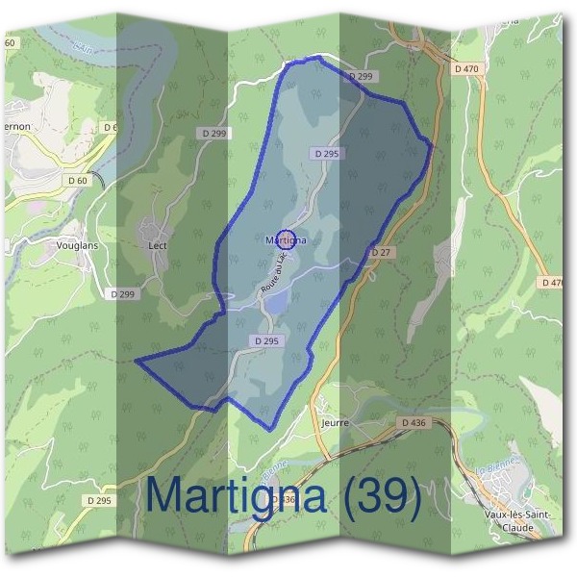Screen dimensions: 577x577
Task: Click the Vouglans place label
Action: pyautogui.click(x=77, y=246)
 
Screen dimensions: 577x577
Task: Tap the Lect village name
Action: pyautogui.click(x=159, y=245)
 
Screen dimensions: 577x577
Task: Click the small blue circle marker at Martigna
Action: pyautogui.click(x=285, y=240)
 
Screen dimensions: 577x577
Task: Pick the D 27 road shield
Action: pyautogui.click(x=381, y=252)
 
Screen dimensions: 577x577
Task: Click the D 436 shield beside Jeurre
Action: pyautogui.click(x=411, y=423)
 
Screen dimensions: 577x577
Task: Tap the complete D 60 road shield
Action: pyautogui.click(x=78, y=180)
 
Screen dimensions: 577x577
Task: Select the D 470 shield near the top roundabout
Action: pyautogui.click(x=466, y=69)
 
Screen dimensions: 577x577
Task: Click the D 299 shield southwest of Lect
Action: pyautogui.click(x=122, y=294)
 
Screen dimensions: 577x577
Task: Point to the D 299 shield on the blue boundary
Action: pyautogui.click(x=361, y=76)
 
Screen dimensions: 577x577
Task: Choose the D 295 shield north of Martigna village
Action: pyautogui.click(x=326, y=154)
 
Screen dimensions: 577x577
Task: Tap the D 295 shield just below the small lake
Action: pyautogui.click(x=268, y=341)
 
